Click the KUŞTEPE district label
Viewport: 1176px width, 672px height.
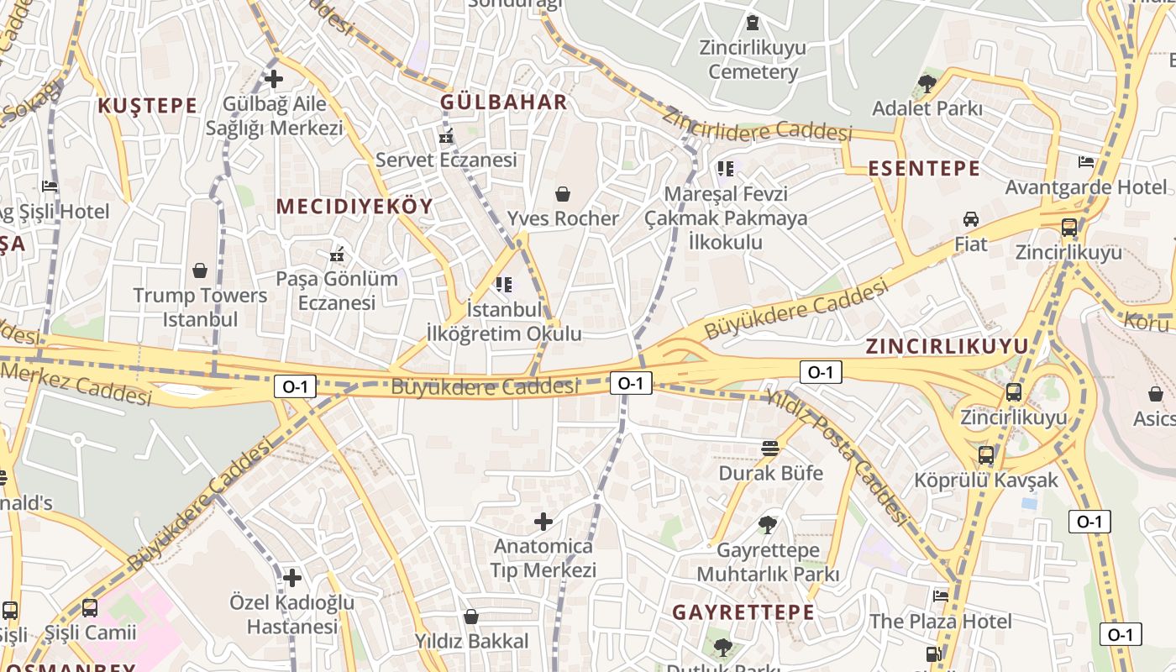(147, 106)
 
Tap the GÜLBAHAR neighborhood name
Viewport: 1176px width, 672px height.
(504, 102)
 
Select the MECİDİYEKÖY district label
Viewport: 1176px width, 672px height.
(354, 207)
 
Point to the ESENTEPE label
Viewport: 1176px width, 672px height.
(924, 168)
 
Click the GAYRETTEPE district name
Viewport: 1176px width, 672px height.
(743, 612)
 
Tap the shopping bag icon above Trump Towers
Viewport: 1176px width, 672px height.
(200, 270)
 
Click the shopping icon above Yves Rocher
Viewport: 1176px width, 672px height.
(563, 195)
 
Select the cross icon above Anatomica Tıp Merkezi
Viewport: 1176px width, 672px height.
(543, 522)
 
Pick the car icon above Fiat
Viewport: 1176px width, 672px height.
(971, 219)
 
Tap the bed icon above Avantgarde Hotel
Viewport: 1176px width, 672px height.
(1086, 162)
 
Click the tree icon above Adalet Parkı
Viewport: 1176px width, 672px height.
(927, 83)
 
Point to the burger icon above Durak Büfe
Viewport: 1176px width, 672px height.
(770, 449)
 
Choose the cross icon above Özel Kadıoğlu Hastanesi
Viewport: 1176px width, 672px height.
(292, 578)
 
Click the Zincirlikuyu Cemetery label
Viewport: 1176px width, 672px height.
(753, 60)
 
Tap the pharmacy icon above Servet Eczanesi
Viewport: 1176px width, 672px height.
(446, 135)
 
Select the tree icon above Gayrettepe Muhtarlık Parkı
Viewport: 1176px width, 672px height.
(767, 526)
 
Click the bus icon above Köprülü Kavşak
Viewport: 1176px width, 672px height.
(986, 456)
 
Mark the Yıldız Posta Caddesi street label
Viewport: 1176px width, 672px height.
(837, 457)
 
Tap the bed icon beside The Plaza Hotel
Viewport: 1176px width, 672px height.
(941, 596)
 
